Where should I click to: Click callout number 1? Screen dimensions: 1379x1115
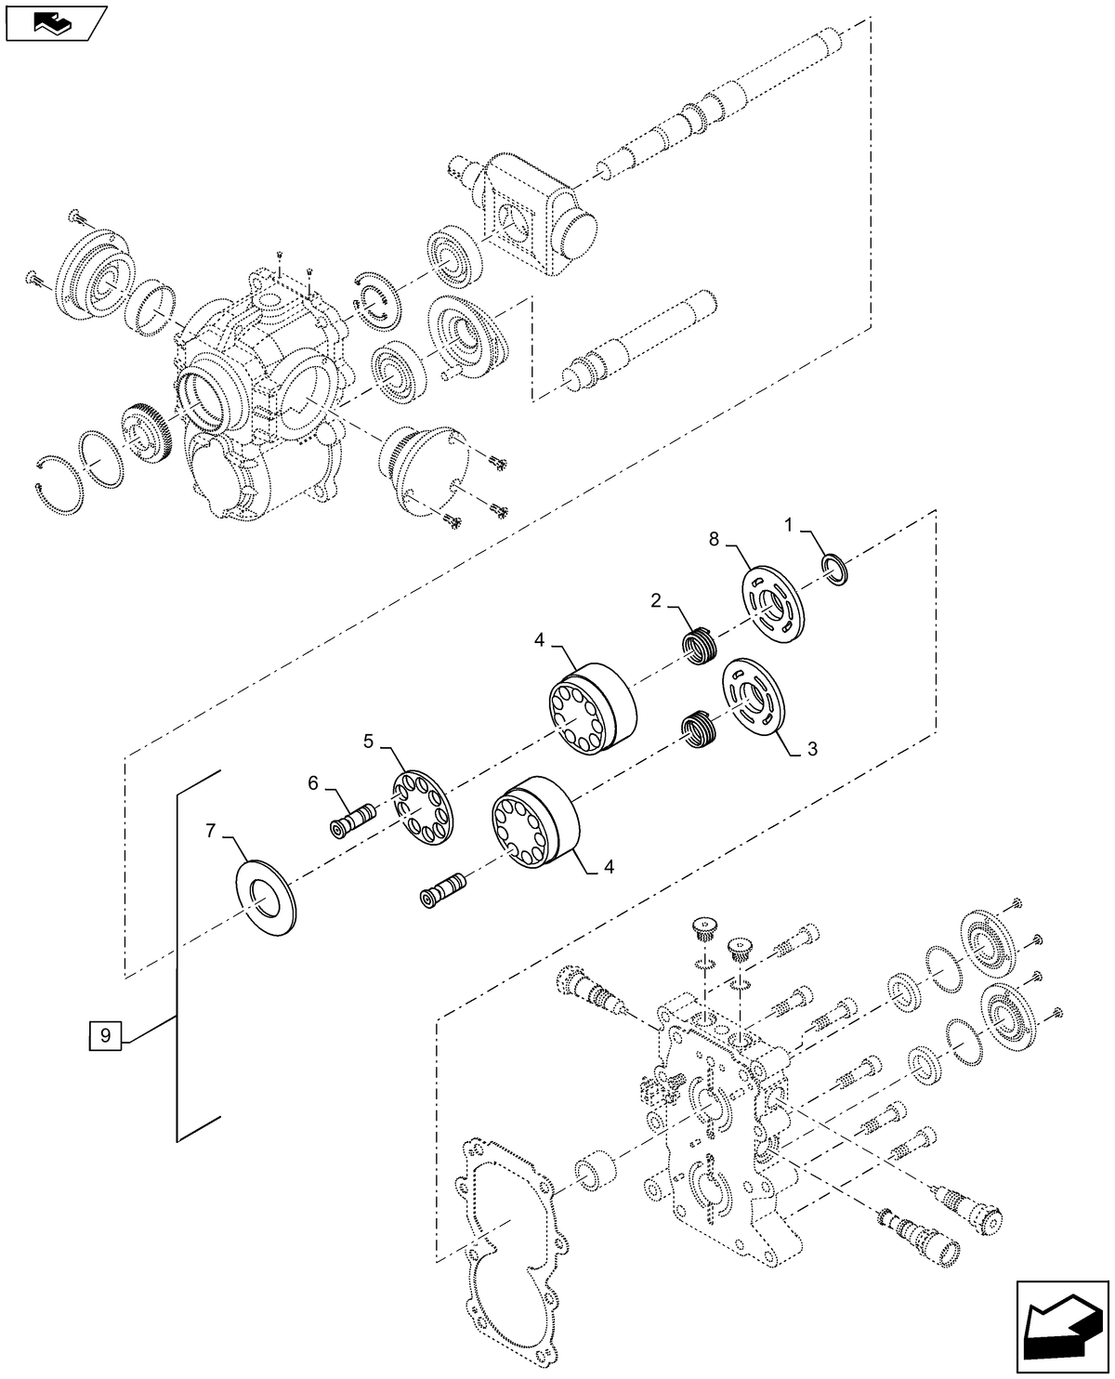click(788, 526)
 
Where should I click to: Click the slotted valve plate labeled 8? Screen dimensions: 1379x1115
click(773, 603)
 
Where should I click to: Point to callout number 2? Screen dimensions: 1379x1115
click(656, 601)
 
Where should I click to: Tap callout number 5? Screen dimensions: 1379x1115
click(369, 741)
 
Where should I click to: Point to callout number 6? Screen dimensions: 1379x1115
click(314, 784)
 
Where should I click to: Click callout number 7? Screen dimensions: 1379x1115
click(211, 827)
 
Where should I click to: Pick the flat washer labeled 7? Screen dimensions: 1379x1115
click(267, 898)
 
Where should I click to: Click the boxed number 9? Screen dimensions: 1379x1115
click(105, 1034)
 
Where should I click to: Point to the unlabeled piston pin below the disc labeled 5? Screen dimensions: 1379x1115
click(443, 888)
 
